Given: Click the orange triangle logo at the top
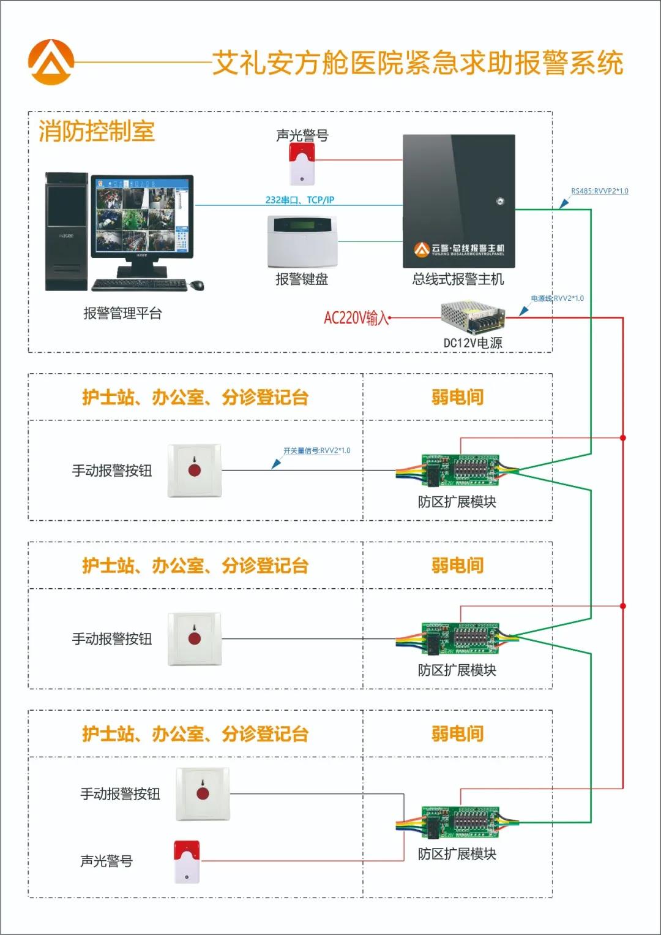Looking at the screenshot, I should tap(51, 62).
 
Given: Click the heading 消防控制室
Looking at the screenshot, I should tap(97, 131).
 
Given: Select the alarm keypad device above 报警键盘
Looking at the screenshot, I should tap(302, 241).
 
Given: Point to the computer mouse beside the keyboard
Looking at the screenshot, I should tap(196, 285).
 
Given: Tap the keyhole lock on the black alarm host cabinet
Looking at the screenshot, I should tap(500, 201).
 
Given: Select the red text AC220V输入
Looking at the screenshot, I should tap(356, 318).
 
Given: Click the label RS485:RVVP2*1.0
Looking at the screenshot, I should tap(599, 191).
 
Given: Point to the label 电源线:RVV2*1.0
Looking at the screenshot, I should tap(557, 298).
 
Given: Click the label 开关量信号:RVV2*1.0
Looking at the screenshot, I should tap(316, 450).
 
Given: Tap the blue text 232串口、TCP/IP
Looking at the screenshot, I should tap(300, 200).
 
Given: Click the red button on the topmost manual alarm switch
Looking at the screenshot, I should tap(195, 471).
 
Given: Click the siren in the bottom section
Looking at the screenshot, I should tap(187, 861).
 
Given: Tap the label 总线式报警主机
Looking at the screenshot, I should tap(458, 279).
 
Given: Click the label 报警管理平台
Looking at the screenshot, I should tap(122, 314).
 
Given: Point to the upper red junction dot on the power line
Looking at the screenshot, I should tap(622, 437).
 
